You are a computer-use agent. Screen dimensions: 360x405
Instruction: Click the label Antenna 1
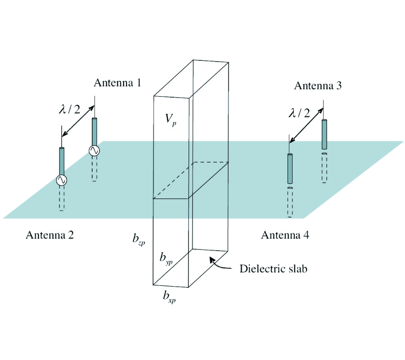point(117,83)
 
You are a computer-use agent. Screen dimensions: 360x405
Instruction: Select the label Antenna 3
point(318,86)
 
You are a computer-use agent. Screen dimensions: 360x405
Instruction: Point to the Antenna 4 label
point(285,235)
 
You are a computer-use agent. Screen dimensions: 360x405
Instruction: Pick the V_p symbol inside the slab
point(170,119)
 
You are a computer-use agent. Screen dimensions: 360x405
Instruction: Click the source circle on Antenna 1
point(94,151)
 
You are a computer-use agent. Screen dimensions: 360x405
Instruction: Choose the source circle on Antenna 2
point(62,180)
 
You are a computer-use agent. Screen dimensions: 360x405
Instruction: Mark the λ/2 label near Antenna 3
point(299,113)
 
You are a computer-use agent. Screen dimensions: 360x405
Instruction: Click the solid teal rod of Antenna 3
point(324,134)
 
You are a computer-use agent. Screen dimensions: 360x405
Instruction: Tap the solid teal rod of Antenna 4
point(290,169)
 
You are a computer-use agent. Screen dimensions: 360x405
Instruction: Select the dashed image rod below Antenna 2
point(62,198)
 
